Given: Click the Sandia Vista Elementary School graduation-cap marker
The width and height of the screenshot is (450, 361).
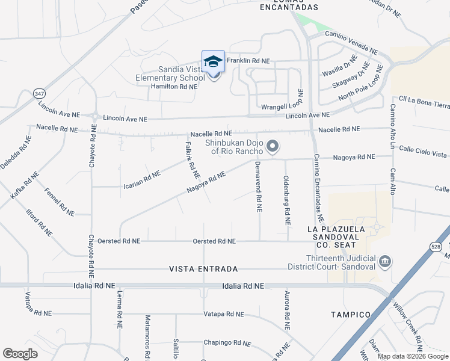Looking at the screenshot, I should [212, 62].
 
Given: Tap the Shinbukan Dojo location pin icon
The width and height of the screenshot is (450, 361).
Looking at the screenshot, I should [273, 146].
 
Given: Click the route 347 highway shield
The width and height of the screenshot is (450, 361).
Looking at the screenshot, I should [40, 94].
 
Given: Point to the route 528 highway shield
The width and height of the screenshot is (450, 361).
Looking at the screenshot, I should [435, 246].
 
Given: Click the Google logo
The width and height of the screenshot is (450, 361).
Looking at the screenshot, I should [20, 354].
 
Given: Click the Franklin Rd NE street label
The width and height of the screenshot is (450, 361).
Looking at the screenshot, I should [248, 61].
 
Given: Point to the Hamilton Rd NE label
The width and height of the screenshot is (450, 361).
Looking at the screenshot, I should [174, 87].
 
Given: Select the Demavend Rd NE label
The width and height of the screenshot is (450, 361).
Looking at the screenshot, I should [257, 187].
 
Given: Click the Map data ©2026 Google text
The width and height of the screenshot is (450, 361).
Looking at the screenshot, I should [413, 356].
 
